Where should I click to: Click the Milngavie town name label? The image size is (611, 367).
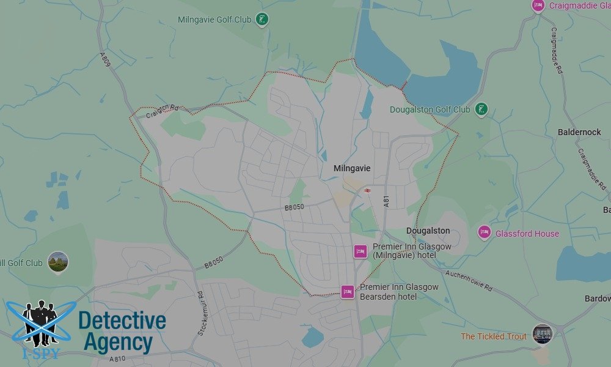(352, 168)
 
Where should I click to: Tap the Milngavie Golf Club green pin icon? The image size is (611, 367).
(262, 20)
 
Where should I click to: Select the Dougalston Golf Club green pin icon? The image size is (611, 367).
(481, 109)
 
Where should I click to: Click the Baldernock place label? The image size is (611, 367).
(579, 132)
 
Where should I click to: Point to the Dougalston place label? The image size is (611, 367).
(428, 231)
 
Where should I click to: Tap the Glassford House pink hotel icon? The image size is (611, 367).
(485, 232)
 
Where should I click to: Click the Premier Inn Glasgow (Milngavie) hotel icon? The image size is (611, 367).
(360, 251)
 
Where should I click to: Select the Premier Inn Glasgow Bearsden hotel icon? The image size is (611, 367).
(348, 292)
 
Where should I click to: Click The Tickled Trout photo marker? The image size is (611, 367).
(542, 333)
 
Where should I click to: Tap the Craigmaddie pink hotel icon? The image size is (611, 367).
(538, 6)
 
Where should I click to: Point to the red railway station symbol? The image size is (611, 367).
(367, 190)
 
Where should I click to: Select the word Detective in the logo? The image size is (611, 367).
(122, 321)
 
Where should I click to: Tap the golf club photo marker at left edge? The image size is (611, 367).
(58, 262)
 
